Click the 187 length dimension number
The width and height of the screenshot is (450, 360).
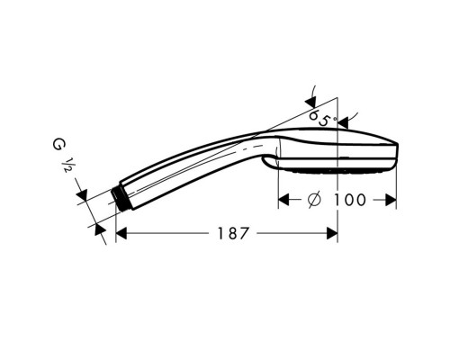tap(233, 233)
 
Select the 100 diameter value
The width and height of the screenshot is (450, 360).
tap(350, 200)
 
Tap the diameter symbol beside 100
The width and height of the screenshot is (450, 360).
tap(314, 200)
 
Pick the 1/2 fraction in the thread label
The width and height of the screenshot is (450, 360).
tap(66, 166)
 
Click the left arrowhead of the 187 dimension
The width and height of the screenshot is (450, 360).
tap(121, 233)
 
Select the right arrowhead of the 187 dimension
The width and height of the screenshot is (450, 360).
tap(332, 233)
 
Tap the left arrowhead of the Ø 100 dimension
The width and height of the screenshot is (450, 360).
tap(283, 200)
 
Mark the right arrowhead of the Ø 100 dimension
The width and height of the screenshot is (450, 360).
tap(391, 200)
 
